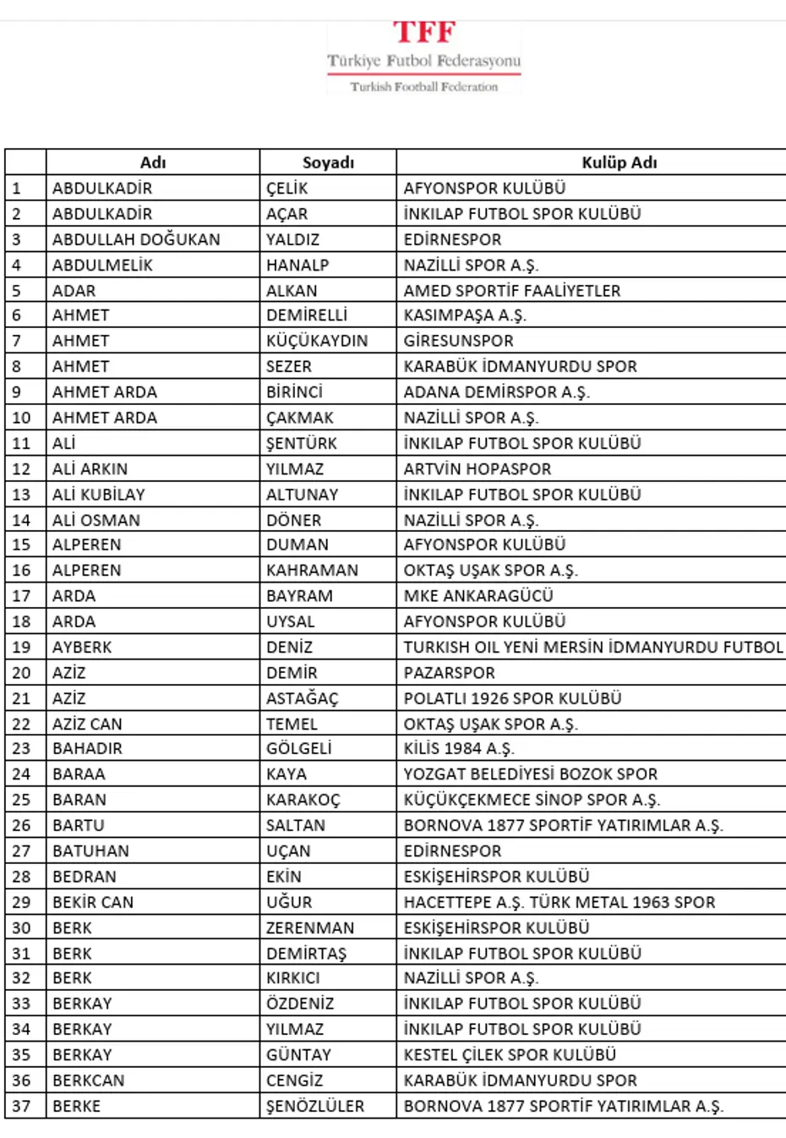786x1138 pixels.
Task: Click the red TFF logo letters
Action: (x=424, y=32)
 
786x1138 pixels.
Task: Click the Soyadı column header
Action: (x=328, y=162)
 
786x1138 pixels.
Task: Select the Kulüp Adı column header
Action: (x=619, y=162)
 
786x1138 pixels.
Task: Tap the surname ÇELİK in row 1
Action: (x=287, y=189)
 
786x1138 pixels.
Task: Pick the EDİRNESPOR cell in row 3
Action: (x=452, y=239)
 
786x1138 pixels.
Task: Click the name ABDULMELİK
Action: (x=102, y=265)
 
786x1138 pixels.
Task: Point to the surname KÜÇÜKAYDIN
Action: (x=317, y=341)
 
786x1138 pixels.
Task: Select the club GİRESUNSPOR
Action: (x=458, y=341)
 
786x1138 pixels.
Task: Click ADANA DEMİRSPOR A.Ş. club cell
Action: (x=496, y=392)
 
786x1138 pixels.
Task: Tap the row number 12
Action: (x=21, y=469)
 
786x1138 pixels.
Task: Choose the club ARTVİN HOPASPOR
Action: (x=477, y=469)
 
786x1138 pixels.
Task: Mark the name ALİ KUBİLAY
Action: (x=98, y=495)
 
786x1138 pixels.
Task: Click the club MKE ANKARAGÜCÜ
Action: (x=478, y=596)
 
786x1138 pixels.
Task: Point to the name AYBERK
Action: (x=82, y=648)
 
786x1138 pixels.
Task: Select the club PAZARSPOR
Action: (x=449, y=673)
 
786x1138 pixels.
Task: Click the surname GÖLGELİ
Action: (x=298, y=749)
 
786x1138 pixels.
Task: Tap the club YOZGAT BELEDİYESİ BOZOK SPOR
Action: (x=530, y=774)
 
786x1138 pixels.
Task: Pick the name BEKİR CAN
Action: (x=93, y=902)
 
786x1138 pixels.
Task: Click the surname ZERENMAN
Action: (x=310, y=927)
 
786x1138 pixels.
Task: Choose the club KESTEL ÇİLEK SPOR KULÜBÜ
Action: (x=510, y=1055)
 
